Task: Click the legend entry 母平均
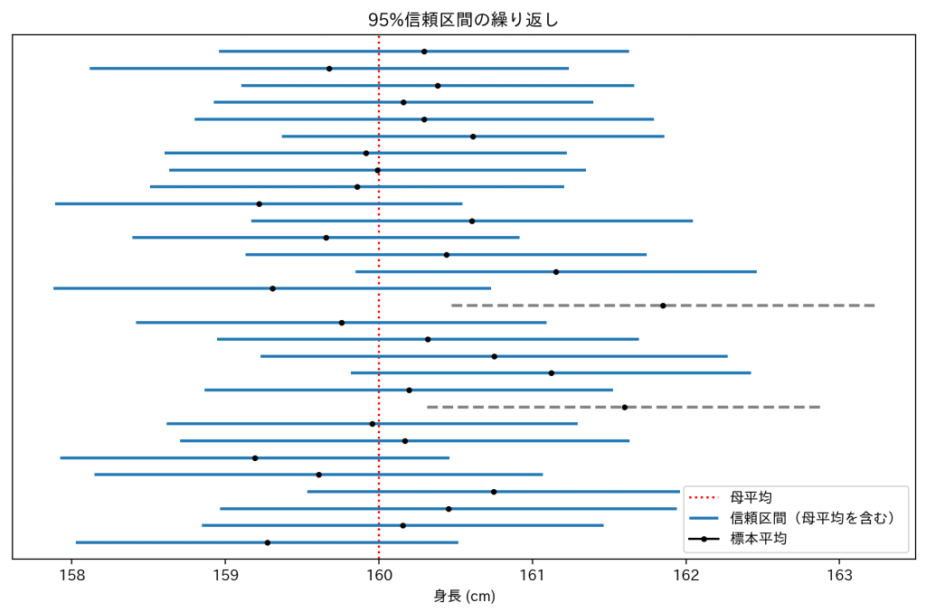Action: click(751, 497)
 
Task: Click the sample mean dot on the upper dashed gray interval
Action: click(663, 306)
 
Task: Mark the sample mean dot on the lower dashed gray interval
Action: click(625, 407)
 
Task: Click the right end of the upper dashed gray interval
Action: click(874, 306)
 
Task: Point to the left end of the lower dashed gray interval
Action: click(427, 407)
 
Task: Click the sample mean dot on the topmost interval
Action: click(424, 52)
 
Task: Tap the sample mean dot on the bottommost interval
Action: click(268, 542)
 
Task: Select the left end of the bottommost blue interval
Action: click(76, 542)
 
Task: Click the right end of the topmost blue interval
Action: click(628, 52)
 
